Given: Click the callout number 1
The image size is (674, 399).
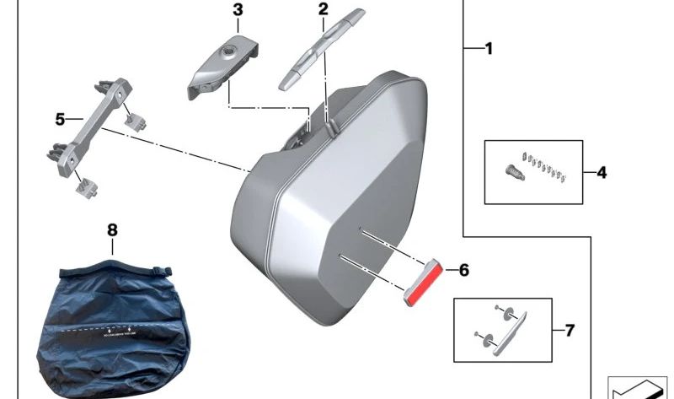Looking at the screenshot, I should [488, 49].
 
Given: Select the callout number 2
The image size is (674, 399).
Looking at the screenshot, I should [323, 9].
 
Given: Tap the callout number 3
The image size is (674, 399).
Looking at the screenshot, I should [237, 10].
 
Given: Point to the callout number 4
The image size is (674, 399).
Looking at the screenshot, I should [601, 173].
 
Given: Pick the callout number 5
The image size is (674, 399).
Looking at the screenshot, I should [60, 120].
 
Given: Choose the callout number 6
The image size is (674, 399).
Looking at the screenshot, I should [463, 271].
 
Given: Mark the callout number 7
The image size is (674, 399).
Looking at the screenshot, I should [570, 330].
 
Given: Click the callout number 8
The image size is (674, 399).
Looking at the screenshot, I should [113, 229].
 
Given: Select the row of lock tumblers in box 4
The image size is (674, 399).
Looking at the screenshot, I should [543, 165].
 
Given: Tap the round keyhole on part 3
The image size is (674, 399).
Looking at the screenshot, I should [228, 54].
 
